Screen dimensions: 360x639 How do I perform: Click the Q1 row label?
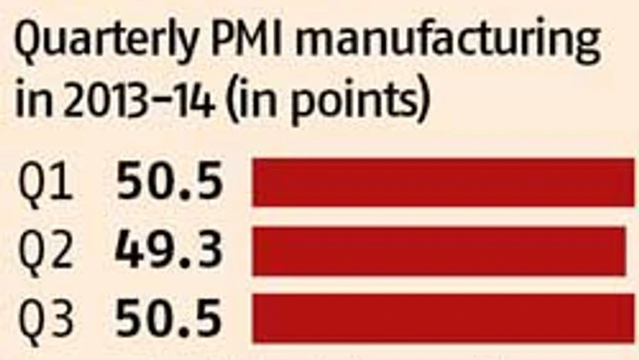[x=46, y=185]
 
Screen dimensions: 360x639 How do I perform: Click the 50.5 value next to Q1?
[x=169, y=183]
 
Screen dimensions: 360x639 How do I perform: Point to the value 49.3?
[x=169, y=250]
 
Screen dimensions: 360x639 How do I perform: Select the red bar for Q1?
[x=443, y=183]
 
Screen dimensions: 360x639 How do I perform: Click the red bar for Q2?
[x=439, y=250]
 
